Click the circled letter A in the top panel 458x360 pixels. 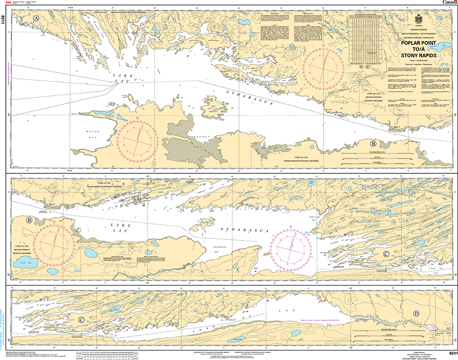point(36,19)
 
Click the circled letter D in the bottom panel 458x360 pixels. point(416,314)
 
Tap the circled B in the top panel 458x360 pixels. point(374,144)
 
